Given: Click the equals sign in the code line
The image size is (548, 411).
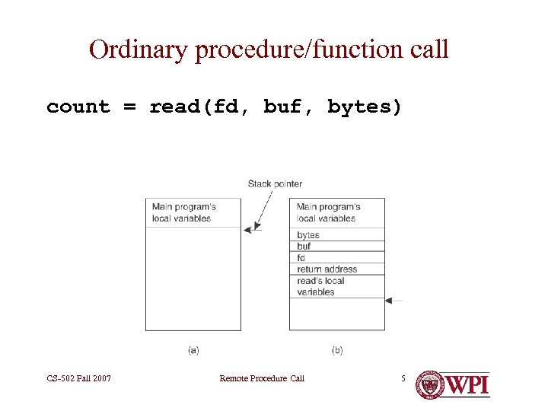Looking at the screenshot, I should tap(129, 107).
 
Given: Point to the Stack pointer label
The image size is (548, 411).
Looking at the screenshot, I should tap(275, 183).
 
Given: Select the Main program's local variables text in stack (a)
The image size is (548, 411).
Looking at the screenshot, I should tap(183, 212).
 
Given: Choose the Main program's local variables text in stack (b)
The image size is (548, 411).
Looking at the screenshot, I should tap(328, 212).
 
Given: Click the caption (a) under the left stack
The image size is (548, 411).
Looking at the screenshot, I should tap(193, 350).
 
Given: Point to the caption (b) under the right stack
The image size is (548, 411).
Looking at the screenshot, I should tap(337, 350).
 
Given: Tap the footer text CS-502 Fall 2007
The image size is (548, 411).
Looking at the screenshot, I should tap(78, 378).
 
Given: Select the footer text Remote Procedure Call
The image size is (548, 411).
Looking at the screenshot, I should tap(261, 378).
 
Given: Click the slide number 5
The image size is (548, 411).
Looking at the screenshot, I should tap(404, 378).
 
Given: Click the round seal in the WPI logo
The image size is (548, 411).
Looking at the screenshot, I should tap(430, 384).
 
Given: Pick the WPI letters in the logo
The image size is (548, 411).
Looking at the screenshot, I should tap(467, 384).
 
